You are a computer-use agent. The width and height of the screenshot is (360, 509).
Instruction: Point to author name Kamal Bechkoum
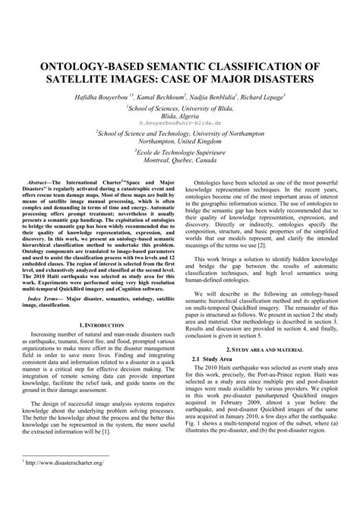click(x=163, y=97)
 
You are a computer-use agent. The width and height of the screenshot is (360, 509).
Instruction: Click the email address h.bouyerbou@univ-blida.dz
click(x=180, y=122)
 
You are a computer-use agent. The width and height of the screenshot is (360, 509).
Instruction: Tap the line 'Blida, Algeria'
click(x=180, y=115)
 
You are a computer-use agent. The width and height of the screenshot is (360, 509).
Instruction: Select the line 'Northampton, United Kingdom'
click(x=180, y=140)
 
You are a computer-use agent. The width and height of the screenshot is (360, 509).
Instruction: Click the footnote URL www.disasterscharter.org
click(x=62, y=484)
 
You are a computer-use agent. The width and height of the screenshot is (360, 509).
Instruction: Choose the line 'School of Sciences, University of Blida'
click(x=180, y=108)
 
